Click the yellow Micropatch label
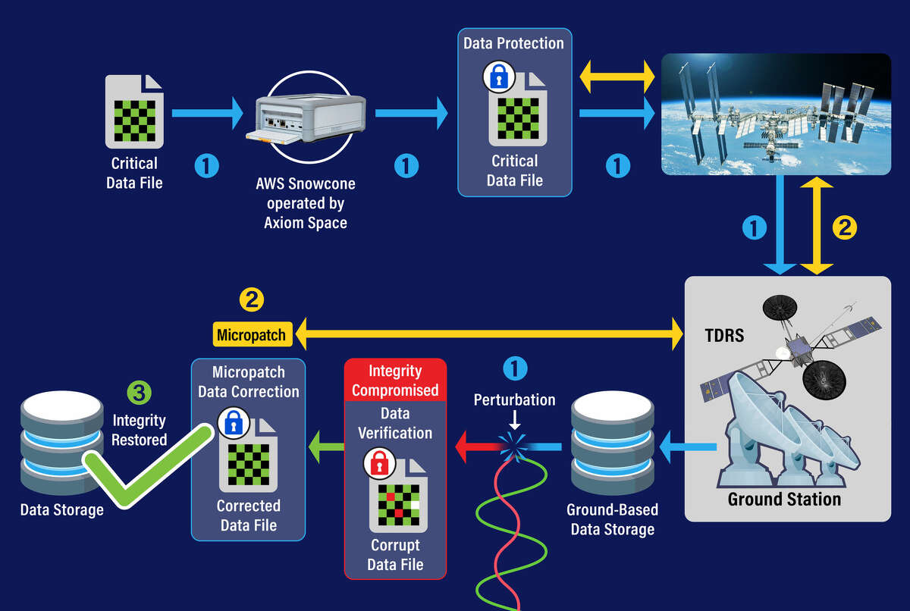click(x=251, y=334)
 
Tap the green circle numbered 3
click(x=139, y=393)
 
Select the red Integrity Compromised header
click(x=395, y=381)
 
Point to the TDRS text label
click(x=724, y=335)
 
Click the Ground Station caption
click(x=784, y=500)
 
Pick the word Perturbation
click(x=514, y=399)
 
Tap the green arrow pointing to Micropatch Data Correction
click(x=324, y=447)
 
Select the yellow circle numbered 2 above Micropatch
click(x=251, y=299)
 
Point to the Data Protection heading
click(x=514, y=43)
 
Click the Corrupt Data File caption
click(x=395, y=555)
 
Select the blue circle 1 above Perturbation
click(x=515, y=369)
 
